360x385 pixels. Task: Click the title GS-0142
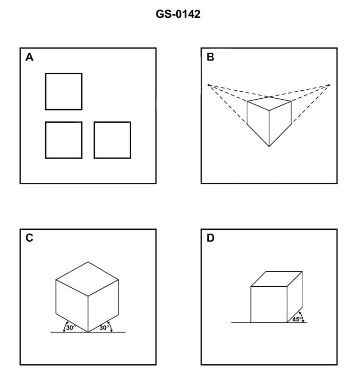(x=178, y=15)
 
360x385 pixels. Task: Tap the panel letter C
(x=29, y=238)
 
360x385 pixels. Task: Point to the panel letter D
(x=210, y=238)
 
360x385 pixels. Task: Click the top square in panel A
(x=63, y=91)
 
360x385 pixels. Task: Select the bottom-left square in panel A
(x=63, y=140)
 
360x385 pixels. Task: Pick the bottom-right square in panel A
(x=112, y=140)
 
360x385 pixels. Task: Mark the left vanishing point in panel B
(x=209, y=85)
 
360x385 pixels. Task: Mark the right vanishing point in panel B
(x=330, y=85)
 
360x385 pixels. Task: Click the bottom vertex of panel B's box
(x=269, y=147)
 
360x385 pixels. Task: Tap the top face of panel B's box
(x=269, y=103)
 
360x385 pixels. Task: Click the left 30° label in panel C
(x=70, y=328)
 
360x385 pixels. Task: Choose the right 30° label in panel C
(x=104, y=328)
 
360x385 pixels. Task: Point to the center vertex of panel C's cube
(x=87, y=296)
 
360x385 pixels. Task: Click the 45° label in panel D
(x=297, y=319)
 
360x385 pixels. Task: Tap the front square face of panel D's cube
(x=269, y=305)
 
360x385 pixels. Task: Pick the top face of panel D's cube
(x=276, y=279)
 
